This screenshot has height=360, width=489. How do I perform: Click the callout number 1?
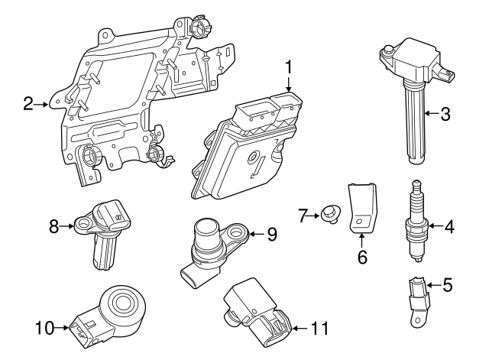(x=289, y=66)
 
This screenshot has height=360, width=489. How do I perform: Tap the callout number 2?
(x=28, y=104)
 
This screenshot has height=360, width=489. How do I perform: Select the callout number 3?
(x=445, y=115)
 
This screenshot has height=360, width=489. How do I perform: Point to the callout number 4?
(x=449, y=225)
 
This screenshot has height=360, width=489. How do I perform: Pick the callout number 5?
(x=448, y=286)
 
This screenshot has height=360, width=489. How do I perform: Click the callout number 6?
(x=362, y=258)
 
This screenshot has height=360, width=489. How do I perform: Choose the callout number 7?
(x=303, y=216)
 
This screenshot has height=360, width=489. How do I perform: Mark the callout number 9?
(x=271, y=235)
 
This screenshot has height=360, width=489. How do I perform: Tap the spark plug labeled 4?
(x=417, y=222)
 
